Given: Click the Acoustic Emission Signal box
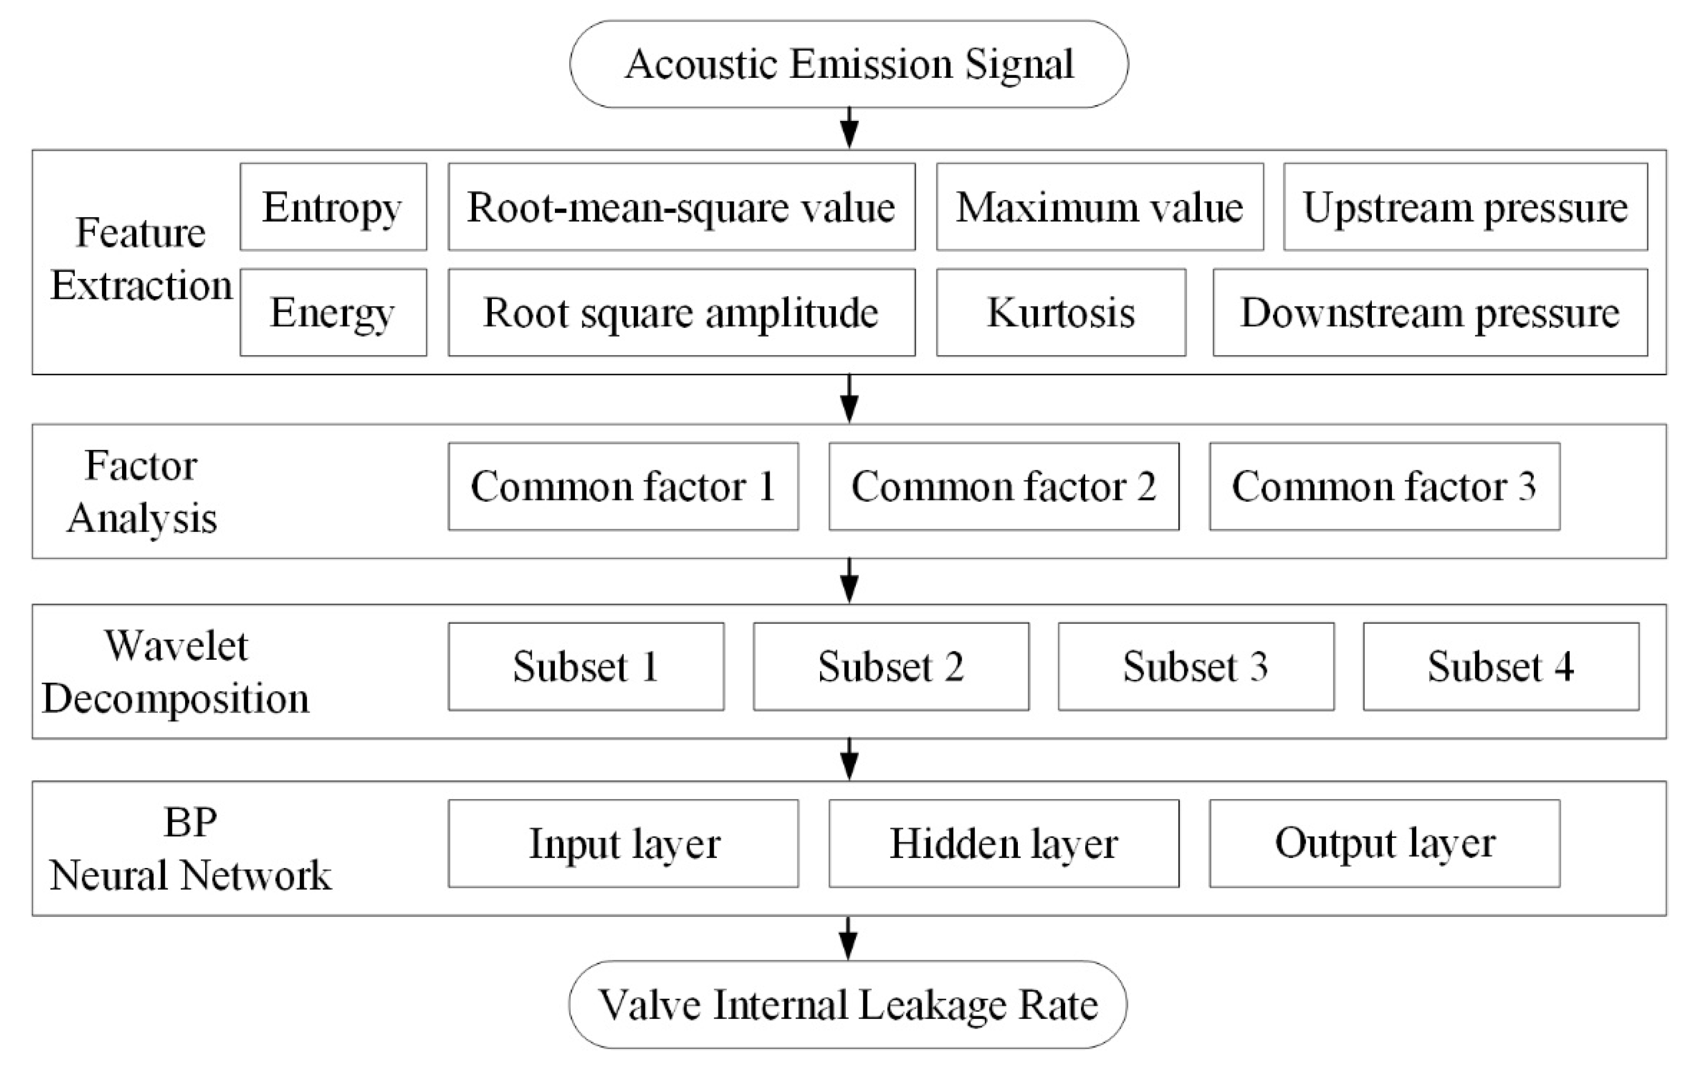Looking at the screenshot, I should pos(849,64).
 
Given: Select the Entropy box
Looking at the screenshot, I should pos(333,207).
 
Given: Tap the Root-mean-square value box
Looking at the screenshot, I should pos(681,207).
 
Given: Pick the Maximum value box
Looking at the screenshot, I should pos(1099,207).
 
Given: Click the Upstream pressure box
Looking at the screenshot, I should pos(1465,207).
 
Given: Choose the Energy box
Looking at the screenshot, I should pos(333,312).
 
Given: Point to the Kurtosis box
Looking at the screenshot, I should pos(1060,312).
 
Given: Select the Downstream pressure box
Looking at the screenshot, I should pos(1430,312).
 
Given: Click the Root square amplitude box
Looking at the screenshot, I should pos(681,312).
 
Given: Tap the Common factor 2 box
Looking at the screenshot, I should pos(1004,486).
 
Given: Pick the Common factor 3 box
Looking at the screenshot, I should pos(1384,486).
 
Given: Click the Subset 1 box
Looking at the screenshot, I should pos(586,666).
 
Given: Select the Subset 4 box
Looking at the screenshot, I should pos(1501,666).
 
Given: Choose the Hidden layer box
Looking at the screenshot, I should pos(1004,843).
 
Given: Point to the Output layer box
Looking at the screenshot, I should pos(1384,843).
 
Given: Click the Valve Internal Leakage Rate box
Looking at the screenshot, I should pos(847,1004).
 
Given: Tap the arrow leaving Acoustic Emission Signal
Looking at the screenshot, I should pos(849,128).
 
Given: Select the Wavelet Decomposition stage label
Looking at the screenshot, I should pos(175,672).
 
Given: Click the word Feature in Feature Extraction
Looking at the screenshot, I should pos(140,232).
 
